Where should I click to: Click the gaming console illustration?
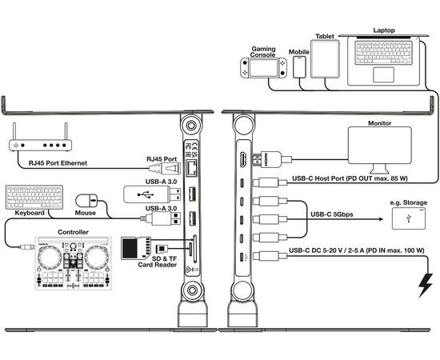click(x=263, y=68)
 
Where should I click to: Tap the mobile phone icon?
click(x=299, y=67)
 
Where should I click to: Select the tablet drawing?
click(x=325, y=59)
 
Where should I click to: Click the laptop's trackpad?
click(x=383, y=74)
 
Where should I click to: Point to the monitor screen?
click(x=380, y=145)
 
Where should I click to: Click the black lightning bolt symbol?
click(x=425, y=285)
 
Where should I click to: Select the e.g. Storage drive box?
click(x=409, y=218)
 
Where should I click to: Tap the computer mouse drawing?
click(x=86, y=201)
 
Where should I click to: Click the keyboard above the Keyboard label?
click(x=34, y=197)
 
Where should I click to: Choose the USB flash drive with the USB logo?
click(x=152, y=194)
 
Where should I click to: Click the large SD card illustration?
click(x=136, y=248)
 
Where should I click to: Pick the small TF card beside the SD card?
click(x=162, y=249)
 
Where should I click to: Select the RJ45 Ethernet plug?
click(x=165, y=169)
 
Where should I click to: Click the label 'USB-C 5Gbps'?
click(x=332, y=214)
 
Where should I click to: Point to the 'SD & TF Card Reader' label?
click(x=158, y=262)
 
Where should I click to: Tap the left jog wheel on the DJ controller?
click(x=50, y=258)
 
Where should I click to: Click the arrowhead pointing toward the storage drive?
click(x=381, y=219)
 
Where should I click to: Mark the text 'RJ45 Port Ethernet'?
click(x=58, y=163)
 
